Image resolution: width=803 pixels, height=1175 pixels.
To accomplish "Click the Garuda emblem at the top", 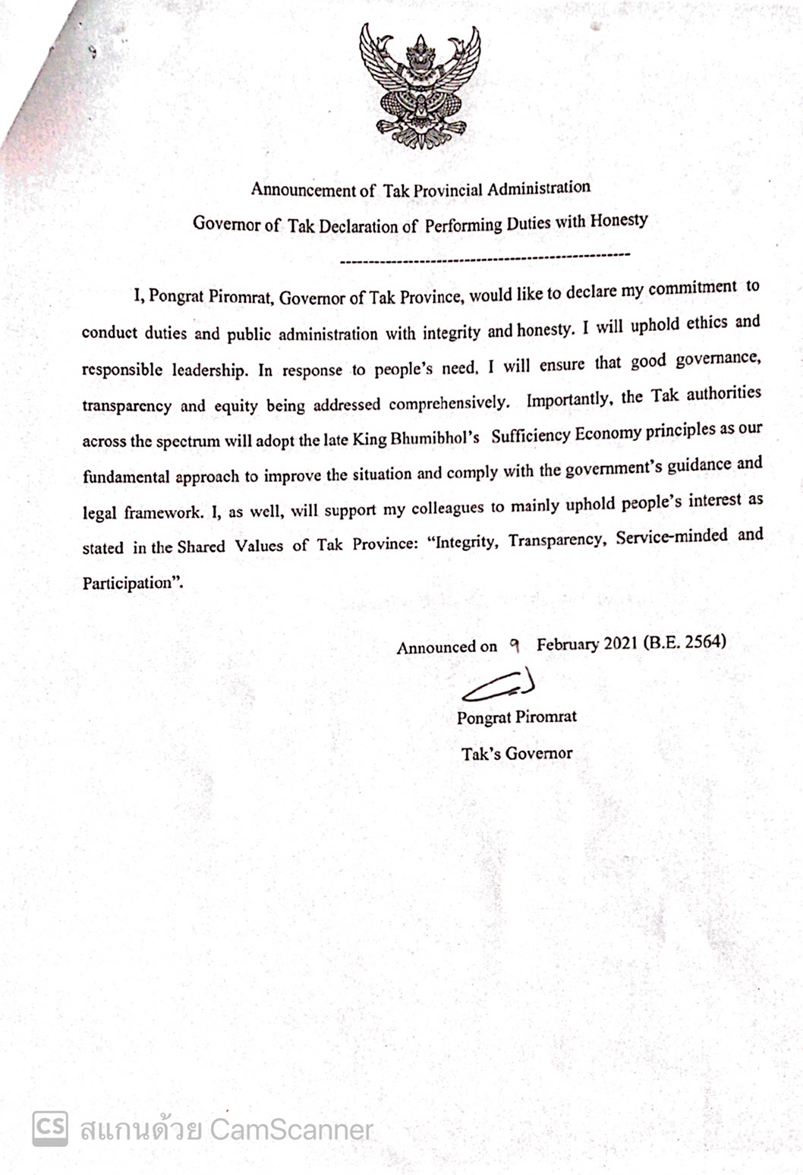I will (420, 86).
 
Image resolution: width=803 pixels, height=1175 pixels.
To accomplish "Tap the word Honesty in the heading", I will (619, 221).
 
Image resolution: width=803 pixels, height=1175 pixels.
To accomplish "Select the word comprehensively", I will (449, 402).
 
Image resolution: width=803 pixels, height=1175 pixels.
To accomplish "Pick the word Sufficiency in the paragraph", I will (530, 436).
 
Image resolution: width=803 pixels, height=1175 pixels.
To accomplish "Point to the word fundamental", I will (127, 477).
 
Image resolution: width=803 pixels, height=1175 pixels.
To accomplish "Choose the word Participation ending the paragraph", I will (133, 583).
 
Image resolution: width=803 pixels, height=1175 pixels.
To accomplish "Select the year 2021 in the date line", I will (622, 644).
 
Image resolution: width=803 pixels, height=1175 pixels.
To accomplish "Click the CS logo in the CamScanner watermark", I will (50, 1129).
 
